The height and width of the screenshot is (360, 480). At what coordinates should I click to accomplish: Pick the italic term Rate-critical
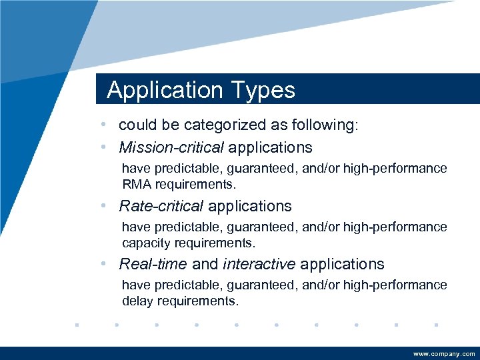pos(160,206)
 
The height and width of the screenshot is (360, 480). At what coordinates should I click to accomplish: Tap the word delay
pos(137,301)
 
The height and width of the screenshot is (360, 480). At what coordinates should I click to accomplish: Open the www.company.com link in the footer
pos(444,353)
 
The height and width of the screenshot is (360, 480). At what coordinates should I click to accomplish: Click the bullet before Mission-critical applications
pos(105,147)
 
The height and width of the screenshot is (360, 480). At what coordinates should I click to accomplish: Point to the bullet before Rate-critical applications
pos(105,206)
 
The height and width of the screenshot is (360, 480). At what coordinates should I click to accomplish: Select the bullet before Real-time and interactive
pos(105,264)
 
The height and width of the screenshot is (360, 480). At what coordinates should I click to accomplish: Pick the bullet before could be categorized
pos(105,125)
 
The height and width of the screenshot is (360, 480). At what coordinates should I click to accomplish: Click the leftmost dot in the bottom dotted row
pos(77,325)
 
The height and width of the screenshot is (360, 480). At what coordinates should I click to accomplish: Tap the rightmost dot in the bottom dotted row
pos(435,325)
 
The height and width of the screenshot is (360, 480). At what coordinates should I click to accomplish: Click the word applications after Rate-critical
pos(249,206)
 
